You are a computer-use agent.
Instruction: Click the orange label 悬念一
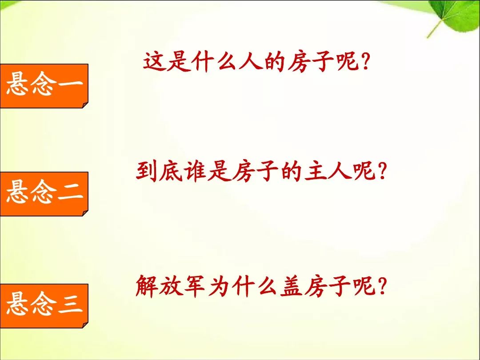[44, 86]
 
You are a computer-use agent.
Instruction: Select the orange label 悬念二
[44, 194]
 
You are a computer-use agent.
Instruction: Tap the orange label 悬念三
[44, 306]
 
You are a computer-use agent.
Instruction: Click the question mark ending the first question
[364, 61]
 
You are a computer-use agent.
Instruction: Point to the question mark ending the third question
[381, 286]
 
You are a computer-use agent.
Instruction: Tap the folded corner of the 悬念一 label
[85, 105]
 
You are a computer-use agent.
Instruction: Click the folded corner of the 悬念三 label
[85, 325]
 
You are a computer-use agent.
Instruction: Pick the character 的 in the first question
[274, 61]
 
